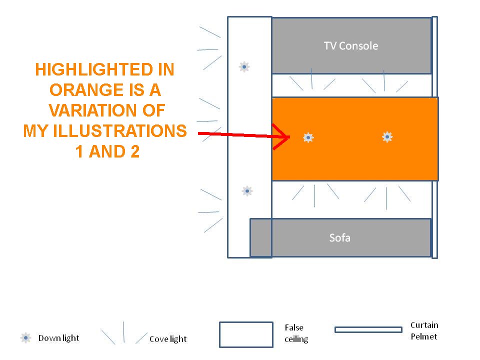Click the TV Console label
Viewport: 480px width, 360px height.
[351, 46]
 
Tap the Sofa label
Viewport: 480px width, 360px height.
[340, 238]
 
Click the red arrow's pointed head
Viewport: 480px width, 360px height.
[289, 137]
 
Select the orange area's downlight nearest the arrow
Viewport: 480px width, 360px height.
[308, 137]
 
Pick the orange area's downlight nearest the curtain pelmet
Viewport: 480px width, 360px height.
[387, 137]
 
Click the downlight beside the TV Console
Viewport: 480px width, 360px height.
[244, 66]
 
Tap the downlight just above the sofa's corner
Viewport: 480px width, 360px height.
[247, 191]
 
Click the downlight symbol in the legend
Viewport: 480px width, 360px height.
[25, 338]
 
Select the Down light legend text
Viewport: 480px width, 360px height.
[58, 338]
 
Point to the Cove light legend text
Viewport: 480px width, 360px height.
[168, 339]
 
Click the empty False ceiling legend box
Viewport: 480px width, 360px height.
[246, 334]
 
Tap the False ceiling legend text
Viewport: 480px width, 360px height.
[296, 333]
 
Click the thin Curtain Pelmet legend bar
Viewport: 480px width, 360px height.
[368, 329]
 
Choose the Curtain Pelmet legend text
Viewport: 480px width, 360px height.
[424, 331]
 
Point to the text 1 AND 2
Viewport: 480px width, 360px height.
[107, 151]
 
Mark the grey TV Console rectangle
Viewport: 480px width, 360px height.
[351, 45]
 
